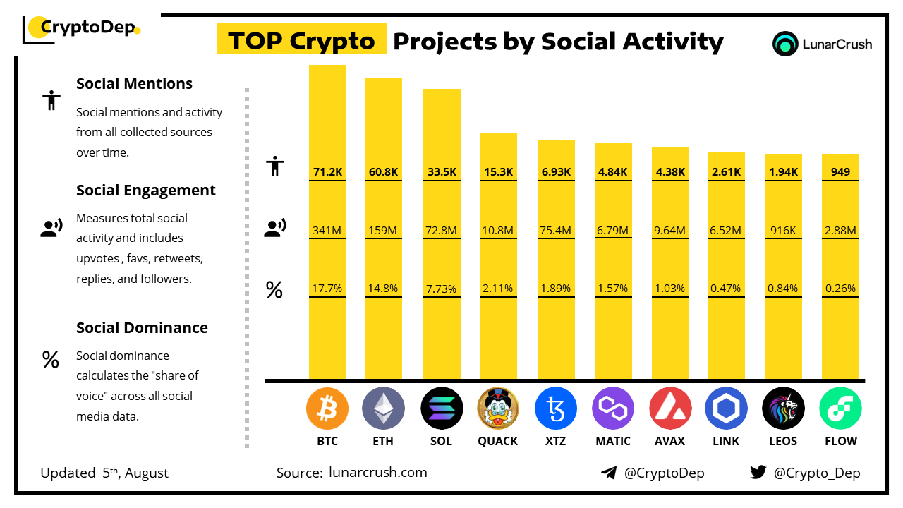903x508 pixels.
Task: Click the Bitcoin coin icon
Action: (x=327, y=409)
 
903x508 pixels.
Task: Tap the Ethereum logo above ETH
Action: (x=383, y=409)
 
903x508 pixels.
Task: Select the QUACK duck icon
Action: (x=498, y=409)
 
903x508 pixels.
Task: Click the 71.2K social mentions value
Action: (x=327, y=171)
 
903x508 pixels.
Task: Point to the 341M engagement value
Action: (x=327, y=230)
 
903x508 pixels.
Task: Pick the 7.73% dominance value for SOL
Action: (x=442, y=289)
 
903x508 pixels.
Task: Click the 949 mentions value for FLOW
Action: (x=840, y=171)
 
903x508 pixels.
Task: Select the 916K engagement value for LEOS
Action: (x=783, y=230)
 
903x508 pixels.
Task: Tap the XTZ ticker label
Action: (x=555, y=441)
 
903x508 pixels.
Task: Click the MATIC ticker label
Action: (x=613, y=441)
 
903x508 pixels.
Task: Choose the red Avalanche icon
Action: (x=669, y=409)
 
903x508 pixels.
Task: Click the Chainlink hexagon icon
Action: (x=726, y=409)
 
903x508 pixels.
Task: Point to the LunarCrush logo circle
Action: (x=785, y=44)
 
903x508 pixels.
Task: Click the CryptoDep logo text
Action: (x=86, y=28)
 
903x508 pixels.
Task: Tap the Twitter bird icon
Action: (x=758, y=473)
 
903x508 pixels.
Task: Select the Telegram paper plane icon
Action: (x=608, y=473)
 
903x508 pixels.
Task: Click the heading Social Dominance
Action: (x=142, y=327)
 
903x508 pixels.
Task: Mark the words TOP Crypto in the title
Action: (x=301, y=41)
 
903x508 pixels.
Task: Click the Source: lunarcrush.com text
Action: (x=351, y=473)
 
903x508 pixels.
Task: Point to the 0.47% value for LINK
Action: (x=726, y=289)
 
